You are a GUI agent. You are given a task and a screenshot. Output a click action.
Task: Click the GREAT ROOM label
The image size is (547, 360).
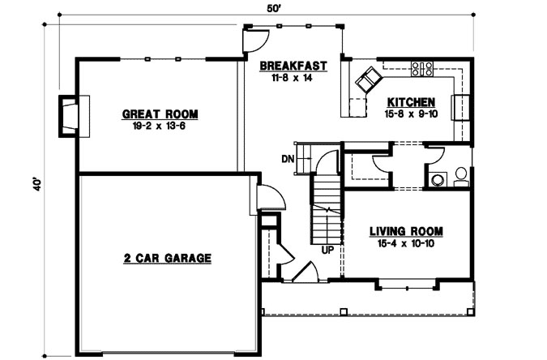pyautogui.click(x=160, y=114)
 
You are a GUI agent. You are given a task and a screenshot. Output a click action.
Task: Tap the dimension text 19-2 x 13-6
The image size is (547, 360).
pyautogui.click(x=160, y=126)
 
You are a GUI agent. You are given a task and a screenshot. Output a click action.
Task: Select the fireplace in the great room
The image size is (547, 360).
pyautogui.click(x=70, y=114)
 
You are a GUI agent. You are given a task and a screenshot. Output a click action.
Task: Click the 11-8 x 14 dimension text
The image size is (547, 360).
pyautogui.click(x=293, y=78)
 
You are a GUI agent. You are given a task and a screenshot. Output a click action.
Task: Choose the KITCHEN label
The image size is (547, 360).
pyautogui.click(x=411, y=102)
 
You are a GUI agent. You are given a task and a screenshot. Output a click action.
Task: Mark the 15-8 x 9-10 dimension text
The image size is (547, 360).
pyautogui.click(x=411, y=114)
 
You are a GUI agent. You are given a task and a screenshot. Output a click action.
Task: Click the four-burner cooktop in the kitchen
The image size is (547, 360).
pyautogui.click(x=421, y=70)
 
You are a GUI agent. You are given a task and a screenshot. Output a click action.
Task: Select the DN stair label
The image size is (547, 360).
pyautogui.click(x=287, y=158)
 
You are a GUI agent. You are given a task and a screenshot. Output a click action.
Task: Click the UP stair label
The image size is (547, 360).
pyautogui.click(x=328, y=249)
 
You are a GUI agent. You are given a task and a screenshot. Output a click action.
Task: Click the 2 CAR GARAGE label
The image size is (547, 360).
pyautogui.click(x=167, y=259)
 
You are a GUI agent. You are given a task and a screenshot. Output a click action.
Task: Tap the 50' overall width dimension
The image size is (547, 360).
pyautogui.click(x=274, y=9)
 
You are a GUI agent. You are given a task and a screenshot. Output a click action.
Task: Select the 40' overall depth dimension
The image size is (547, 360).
pyautogui.click(x=35, y=185)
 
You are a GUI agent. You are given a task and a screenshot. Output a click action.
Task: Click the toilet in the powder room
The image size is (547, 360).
pyautogui.click(x=460, y=175)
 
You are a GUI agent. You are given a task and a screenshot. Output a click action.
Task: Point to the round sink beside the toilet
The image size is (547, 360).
pyautogui.click(x=438, y=180)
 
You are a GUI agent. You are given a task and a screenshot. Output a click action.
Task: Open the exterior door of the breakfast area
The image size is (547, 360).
pyautogui.click(x=256, y=38)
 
